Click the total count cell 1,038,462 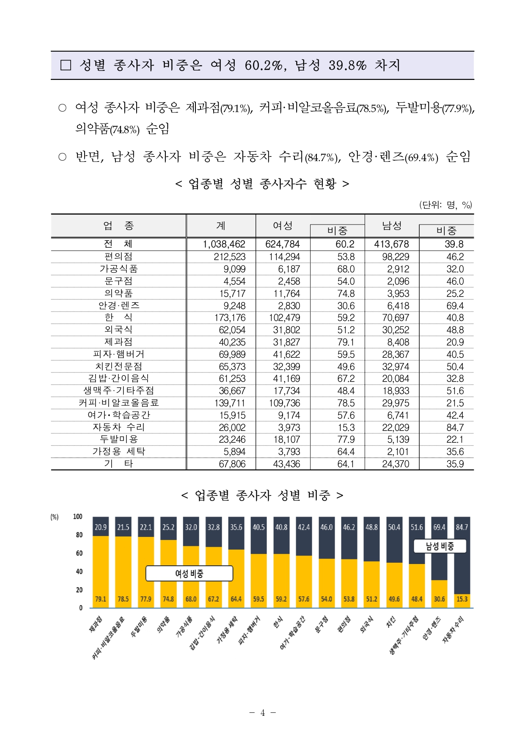click(224, 244)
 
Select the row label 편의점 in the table click(118, 257)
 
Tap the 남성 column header click(392, 226)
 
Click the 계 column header click(221, 226)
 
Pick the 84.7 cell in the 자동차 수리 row click(455, 427)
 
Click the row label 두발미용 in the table click(118, 439)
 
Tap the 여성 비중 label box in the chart click(189, 573)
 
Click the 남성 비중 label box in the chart click(440, 546)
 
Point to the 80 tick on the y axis click(79, 535)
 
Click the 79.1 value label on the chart click(101, 599)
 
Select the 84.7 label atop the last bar click(462, 527)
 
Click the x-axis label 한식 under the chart click(278, 622)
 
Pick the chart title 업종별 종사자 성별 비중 click(262, 495)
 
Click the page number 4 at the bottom click(262, 713)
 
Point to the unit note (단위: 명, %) click(445, 205)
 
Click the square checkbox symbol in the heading click(66, 65)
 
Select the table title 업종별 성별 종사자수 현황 click(262, 183)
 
